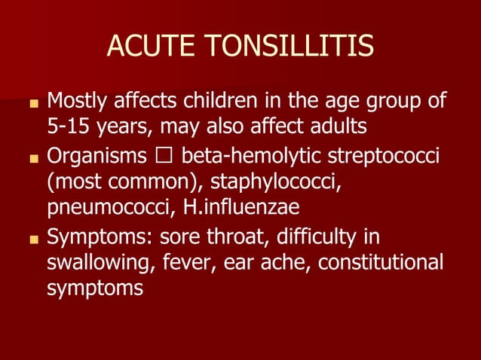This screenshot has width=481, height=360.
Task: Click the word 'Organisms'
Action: click(x=97, y=157)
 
